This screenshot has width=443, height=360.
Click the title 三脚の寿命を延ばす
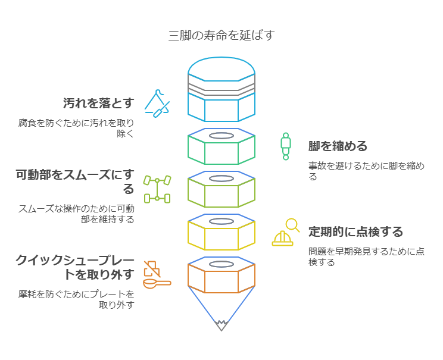tap(221, 35)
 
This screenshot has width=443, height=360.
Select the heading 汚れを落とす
tap(99, 103)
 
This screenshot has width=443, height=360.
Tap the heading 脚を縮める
tap(338, 146)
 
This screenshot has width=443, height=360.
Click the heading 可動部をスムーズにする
tap(76, 181)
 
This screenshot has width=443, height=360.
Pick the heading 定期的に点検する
tap(355, 231)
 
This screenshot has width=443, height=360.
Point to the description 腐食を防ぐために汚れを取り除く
tap(76, 128)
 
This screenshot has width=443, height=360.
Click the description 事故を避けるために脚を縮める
tap(366, 171)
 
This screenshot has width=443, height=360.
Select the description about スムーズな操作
tap(76, 214)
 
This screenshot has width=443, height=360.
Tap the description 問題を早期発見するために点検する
tap(366, 256)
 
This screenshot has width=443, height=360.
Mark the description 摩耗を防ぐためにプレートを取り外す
tap(76, 299)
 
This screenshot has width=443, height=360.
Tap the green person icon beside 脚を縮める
tap(286, 146)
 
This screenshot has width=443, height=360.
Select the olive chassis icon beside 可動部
tap(157, 189)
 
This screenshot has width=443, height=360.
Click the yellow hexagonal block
tap(221, 234)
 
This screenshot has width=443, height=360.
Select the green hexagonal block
tap(221, 148)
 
